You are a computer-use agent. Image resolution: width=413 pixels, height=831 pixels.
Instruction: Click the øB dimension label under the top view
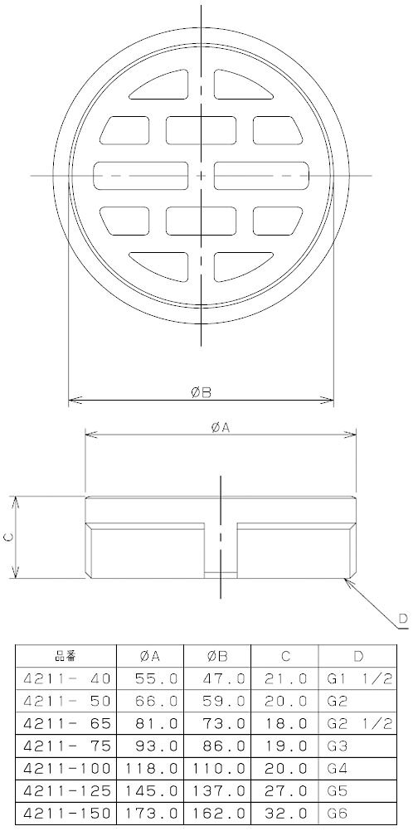point(202,391)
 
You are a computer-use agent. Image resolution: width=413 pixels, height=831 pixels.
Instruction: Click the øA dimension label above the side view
point(220,428)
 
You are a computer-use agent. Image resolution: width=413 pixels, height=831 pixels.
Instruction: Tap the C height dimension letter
point(8,537)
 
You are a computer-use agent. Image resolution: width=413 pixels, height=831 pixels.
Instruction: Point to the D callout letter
point(404,617)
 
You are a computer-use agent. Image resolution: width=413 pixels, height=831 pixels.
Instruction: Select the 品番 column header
point(66,656)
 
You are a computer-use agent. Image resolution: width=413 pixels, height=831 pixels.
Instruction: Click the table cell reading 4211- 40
point(66,678)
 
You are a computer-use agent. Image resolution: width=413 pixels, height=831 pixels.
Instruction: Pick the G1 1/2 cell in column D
point(357,678)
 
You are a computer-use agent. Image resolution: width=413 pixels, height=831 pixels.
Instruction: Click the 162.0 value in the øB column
point(218,813)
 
